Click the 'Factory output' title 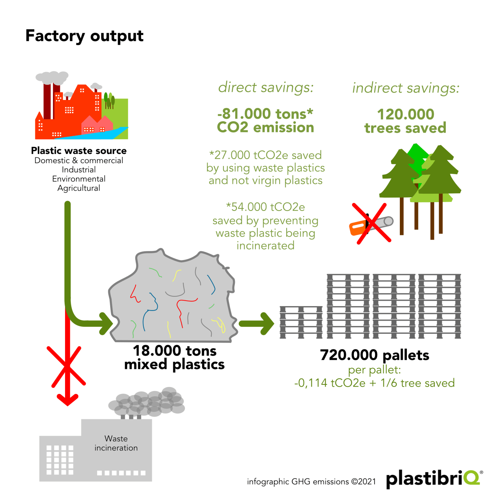tap(84, 36)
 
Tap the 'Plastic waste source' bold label tap(79, 151)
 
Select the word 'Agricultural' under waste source tap(79, 188)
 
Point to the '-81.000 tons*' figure tap(265, 114)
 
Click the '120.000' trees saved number tap(405, 114)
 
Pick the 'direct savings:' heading tap(266, 87)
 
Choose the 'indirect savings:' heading tap(406, 88)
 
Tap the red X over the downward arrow tap(66, 366)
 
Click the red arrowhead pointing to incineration tap(68, 400)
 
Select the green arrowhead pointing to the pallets tap(267, 323)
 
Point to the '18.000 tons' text tap(175, 351)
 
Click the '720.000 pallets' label tap(375, 355)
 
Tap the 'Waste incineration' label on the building tap(116, 443)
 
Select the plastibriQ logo tap(434, 479)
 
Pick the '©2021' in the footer tap(363, 481)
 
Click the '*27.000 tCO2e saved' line tap(265, 155)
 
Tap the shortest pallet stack tap(301, 322)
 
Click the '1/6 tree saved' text tap(418, 383)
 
